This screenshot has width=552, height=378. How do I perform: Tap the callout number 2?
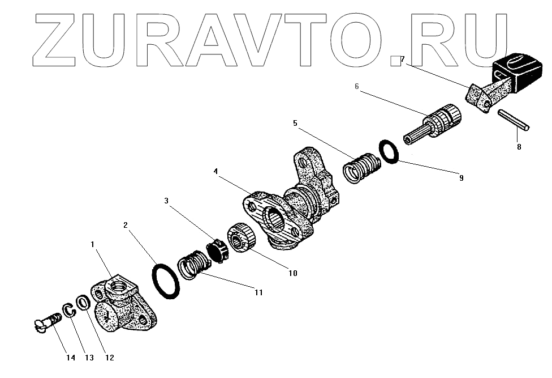(126, 225)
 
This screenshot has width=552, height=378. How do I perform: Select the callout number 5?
(295, 122)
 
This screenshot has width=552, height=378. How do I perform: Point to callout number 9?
(461, 178)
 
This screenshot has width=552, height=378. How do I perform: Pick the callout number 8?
(519, 147)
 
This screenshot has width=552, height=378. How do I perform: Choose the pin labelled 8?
(513, 121)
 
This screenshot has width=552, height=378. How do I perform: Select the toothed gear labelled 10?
(240, 239)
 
